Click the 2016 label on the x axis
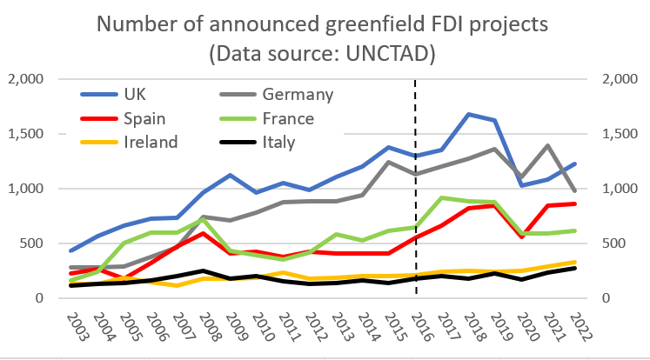[x=416, y=329]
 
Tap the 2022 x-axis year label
[x=576, y=329]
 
